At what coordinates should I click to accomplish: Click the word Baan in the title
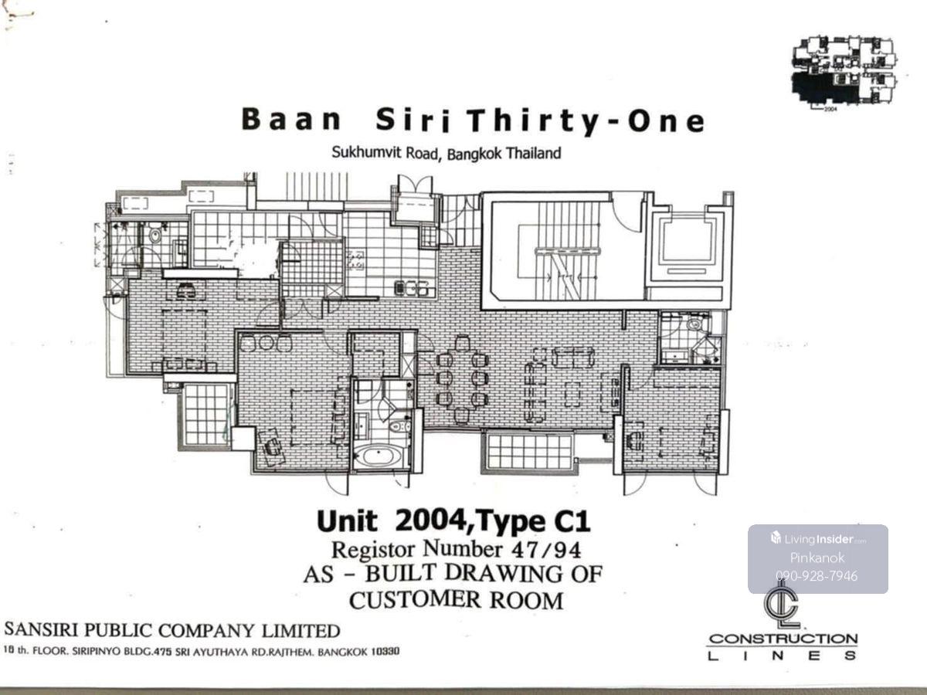coord(291,120)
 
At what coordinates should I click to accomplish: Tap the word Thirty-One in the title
coord(587,121)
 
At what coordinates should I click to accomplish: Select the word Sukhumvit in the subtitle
coord(367,152)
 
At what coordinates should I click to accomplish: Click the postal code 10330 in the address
coord(385,651)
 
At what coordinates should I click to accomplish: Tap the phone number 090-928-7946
coord(817,576)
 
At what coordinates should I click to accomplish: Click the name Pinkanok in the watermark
coord(817,558)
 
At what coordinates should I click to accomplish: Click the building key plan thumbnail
coord(844,71)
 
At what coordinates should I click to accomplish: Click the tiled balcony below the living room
coord(530,452)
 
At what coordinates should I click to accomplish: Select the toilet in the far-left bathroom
coord(155,235)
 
